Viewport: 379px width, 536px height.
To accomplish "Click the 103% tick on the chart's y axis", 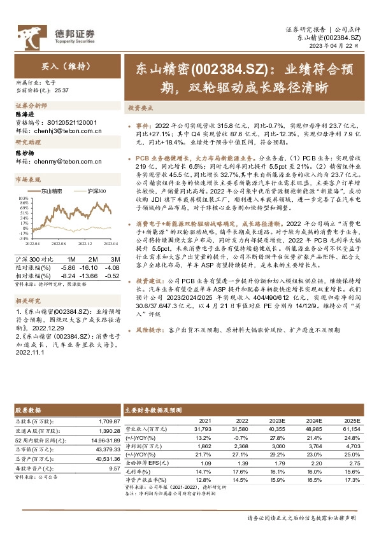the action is pos(22,199).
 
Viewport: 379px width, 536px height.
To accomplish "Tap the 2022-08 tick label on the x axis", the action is pos(59,243).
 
